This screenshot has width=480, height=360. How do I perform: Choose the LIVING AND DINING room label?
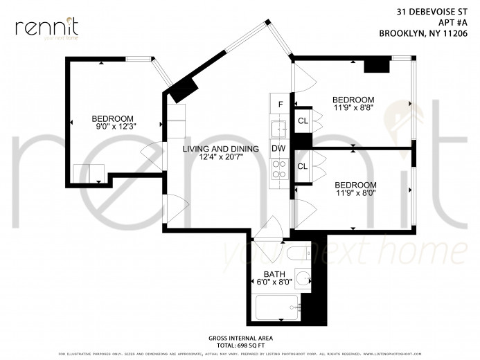coord(220,149)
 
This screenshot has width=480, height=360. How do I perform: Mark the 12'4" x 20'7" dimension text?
coord(220,159)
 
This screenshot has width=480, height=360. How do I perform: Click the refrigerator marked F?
coord(280,105)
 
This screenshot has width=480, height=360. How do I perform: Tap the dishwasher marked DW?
coord(279,149)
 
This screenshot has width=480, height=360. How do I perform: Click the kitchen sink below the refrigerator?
coord(279,127)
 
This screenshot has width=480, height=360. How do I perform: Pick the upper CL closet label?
coord(303,122)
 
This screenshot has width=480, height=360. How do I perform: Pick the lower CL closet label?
coord(303,166)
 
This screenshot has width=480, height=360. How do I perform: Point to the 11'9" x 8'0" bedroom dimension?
coord(355,194)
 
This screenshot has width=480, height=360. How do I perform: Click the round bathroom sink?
coord(301,280)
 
